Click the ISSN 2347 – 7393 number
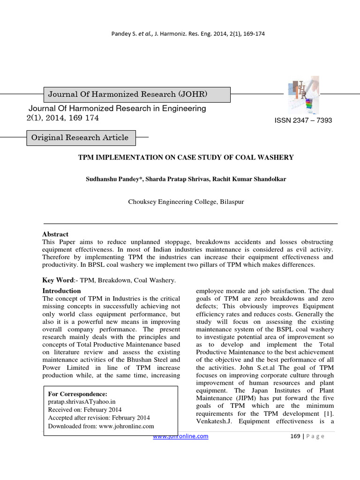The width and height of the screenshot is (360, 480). pyautogui.click(x=303, y=120)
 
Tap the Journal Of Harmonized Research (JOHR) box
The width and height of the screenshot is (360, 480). pyautogui.click(x=127, y=95)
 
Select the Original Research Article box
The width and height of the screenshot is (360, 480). pyautogui.click(x=80, y=138)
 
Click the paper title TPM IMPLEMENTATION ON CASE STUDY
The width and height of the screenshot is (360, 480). pyautogui.click(x=186, y=157)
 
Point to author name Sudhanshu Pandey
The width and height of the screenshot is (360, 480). pyautogui.click(x=114, y=179)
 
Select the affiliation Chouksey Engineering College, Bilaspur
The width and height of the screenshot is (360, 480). pyautogui.click(x=186, y=202)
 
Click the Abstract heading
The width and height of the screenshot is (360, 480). pyautogui.click(x=55, y=234)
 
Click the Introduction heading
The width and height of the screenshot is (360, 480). pyautogui.click(x=62, y=291)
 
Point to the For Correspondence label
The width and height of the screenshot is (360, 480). pyautogui.click(x=78, y=394)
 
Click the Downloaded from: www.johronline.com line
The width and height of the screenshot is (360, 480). pyautogui.click(x=101, y=426)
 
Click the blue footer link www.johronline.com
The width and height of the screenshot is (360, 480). pyautogui.click(x=181, y=436)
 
